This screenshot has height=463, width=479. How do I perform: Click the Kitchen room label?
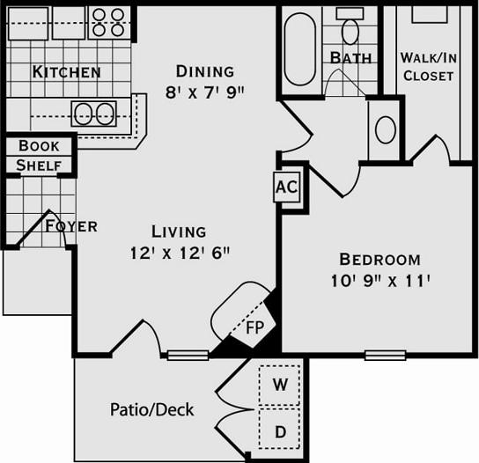click(67, 71)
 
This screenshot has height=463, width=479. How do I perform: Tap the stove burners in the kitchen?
click(110, 23)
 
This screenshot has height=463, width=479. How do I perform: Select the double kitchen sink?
click(94, 114)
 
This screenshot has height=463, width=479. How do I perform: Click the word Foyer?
click(71, 226)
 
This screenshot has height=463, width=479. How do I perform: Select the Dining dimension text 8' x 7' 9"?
click(204, 90)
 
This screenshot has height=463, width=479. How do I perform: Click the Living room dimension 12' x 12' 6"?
click(179, 253)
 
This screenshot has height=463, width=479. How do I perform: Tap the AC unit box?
click(285, 187)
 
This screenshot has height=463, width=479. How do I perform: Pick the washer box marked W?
click(280, 384)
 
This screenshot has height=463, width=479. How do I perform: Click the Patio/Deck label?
click(151, 409)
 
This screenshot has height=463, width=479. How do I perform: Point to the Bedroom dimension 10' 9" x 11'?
click(380, 281)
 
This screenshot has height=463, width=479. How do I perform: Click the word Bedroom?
click(380, 260)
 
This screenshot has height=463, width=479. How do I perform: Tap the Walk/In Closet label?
click(428, 67)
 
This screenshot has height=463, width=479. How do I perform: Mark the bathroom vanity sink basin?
click(385, 129)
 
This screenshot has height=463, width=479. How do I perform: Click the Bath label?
click(350, 58)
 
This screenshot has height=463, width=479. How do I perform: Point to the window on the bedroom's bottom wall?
click(385, 355)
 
